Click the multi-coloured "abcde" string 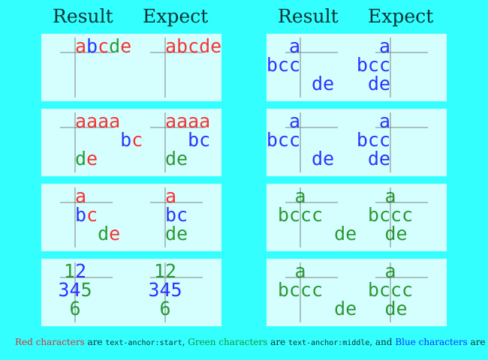[x=103, y=46]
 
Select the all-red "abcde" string [x=193, y=46]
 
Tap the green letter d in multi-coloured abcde [x=114, y=46]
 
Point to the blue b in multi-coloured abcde [x=92, y=46]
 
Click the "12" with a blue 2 [x=75, y=271]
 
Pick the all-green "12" [x=165, y=271]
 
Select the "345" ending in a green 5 [x=75, y=290]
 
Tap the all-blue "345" [x=165, y=290]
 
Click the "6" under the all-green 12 [x=165, y=309]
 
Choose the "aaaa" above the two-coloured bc [x=98, y=121]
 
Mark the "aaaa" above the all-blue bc [x=188, y=121]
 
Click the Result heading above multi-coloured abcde [x=83, y=17]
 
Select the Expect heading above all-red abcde [x=175, y=17]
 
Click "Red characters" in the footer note [x=50, y=342]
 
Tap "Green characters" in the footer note [x=227, y=342]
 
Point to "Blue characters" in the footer [x=431, y=342]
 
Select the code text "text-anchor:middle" [x=329, y=343]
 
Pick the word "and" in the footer [x=384, y=342]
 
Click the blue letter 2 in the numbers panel [x=80, y=271]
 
